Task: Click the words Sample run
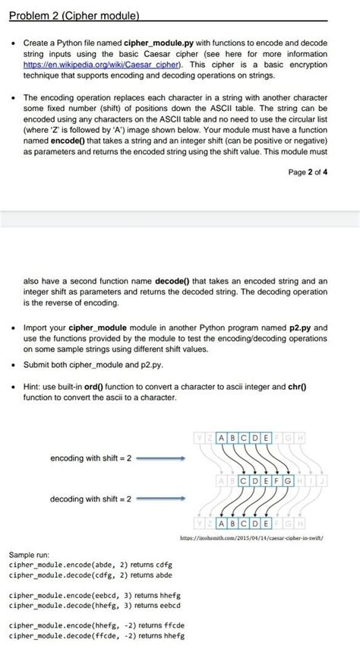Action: (27, 556)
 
